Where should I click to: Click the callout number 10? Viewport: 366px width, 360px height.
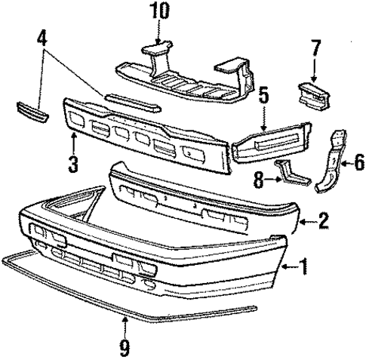click(x=160, y=13)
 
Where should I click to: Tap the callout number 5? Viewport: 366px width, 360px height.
click(x=263, y=97)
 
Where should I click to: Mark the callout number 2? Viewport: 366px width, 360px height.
click(x=323, y=221)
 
